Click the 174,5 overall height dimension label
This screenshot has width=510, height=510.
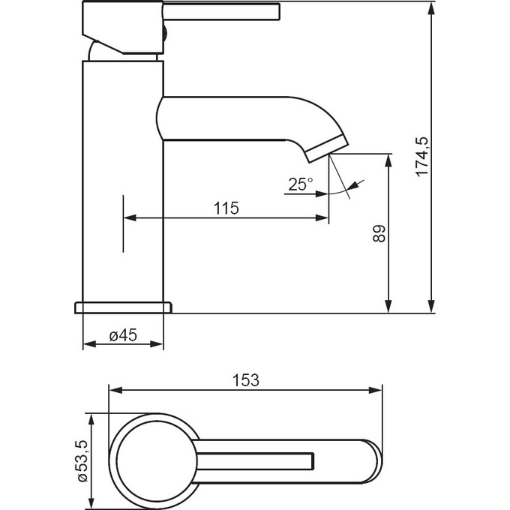pos(422,157)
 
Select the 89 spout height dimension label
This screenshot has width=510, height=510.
pos(379,233)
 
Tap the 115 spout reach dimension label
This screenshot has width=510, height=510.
pos(226,208)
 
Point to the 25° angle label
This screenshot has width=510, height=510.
pos(301,184)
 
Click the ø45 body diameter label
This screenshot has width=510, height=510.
pos(123,335)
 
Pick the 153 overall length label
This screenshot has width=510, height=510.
pos(246,380)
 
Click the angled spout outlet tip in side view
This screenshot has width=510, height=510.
pos(326,148)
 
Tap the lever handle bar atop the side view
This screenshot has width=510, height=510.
pos(221,12)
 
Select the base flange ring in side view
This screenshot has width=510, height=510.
pos(123,307)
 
